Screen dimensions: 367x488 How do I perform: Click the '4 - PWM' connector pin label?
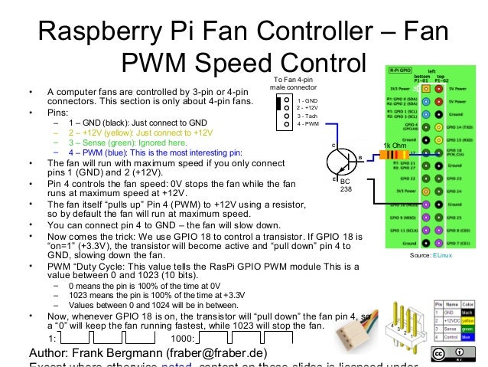pos(309,123)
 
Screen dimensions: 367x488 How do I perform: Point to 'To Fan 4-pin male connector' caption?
pos(293,84)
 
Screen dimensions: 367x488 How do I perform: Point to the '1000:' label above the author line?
pos(183,337)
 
